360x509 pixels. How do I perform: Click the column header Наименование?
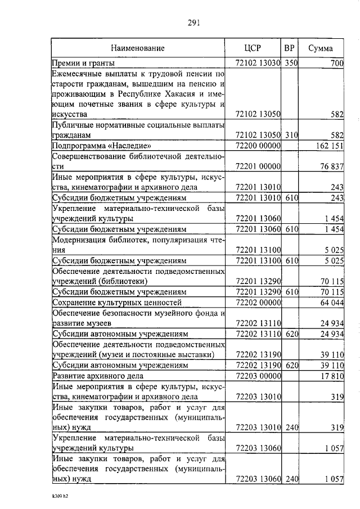137,48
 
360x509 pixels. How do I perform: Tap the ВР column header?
290,48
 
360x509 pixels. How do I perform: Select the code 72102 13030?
257,64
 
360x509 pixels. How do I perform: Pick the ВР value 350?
290,64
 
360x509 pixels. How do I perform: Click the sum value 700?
336,64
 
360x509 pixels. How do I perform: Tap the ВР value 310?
290,136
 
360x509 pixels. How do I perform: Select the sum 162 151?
328,146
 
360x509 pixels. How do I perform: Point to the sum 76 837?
332,166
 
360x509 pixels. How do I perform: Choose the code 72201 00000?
257,166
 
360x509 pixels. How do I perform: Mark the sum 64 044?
332,303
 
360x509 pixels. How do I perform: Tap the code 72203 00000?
257,375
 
